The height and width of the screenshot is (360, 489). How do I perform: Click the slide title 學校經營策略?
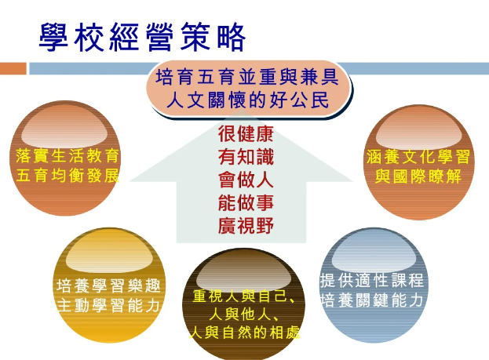142,37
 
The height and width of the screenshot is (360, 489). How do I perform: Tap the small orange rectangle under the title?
13,68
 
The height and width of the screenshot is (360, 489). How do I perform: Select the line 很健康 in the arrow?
246,133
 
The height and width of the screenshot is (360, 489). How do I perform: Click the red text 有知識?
246,156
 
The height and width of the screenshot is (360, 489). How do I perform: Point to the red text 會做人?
246,180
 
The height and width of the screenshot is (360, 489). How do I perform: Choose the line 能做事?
246,202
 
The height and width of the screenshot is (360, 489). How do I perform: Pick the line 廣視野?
246,226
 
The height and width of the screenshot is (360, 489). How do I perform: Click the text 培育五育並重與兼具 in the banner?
247,77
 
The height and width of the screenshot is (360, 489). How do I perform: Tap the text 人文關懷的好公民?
247,100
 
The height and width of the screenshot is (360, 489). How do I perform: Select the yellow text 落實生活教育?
68,155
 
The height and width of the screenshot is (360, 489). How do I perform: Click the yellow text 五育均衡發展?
68,176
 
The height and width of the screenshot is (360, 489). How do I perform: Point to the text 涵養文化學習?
418,156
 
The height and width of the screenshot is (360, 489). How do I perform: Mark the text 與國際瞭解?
418,176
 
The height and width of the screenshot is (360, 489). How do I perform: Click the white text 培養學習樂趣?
108,285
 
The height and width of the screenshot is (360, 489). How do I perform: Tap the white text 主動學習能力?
108,305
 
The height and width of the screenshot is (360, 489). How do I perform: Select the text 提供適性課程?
372,280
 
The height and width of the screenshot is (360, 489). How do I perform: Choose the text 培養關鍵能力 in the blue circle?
372,300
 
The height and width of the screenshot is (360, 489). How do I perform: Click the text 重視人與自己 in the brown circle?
240,296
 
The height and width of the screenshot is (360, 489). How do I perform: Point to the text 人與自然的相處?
244,333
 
